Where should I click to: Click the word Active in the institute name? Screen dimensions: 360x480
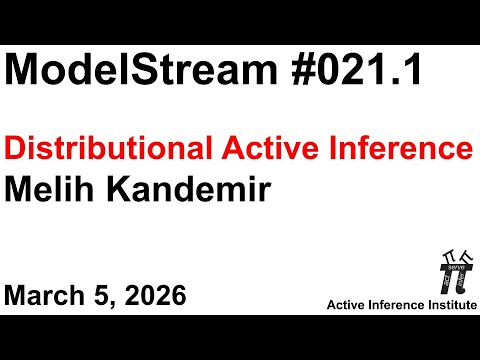pyautogui.click(x=352, y=303)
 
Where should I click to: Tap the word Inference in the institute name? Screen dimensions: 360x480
pyautogui.click(x=398, y=303)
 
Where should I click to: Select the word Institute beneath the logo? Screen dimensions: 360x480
pyautogui.click(x=448, y=303)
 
